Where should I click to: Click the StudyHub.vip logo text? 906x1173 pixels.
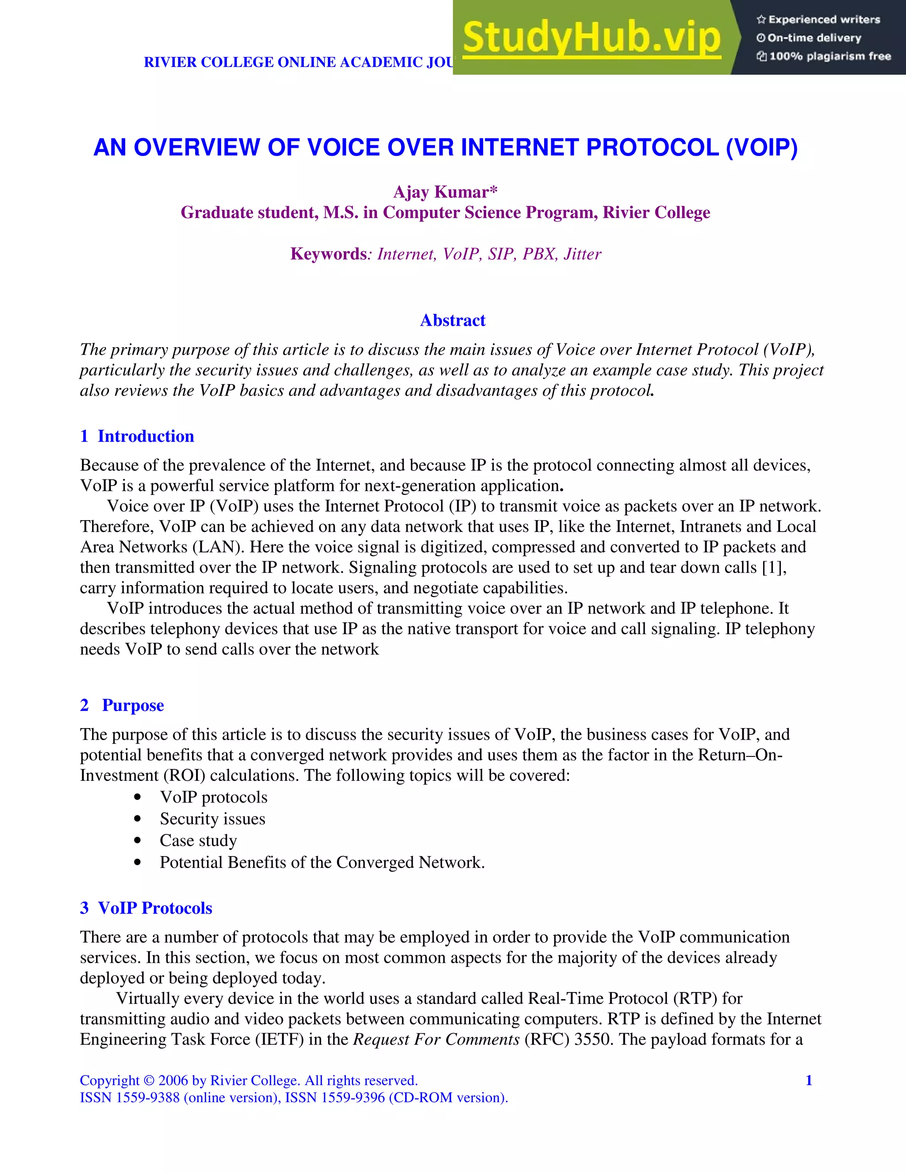pos(591,38)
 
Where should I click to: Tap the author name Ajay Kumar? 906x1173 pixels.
pos(445,192)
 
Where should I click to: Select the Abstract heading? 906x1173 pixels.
pos(453,320)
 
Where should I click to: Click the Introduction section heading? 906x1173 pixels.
pos(146,436)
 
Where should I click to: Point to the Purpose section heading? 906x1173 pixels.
pos(133,705)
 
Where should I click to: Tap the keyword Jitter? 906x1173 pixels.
pos(582,254)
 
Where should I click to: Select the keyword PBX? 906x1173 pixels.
pos(538,254)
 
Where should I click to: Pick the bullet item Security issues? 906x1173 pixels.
pos(212,819)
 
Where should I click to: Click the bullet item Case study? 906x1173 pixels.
pos(198,841)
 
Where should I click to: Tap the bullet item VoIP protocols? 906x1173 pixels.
pos(214,797)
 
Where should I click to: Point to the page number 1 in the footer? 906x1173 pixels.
pos(809,1080)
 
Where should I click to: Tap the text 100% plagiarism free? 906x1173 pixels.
pos(830,56)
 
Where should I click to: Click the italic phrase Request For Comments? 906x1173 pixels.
pos(436,1039)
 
